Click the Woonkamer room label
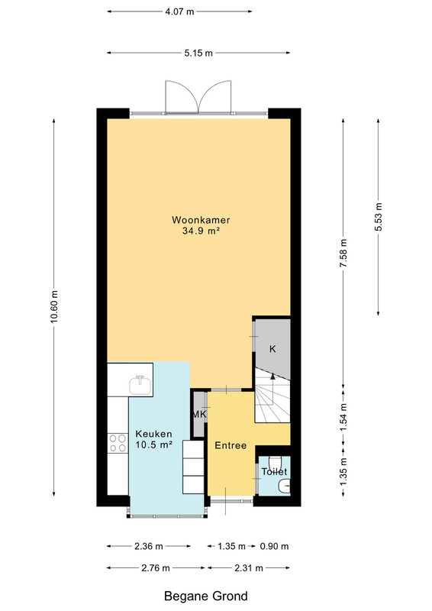tap(201, 220)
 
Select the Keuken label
tap(153, 434)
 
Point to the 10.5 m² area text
tap(153, 445)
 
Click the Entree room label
tap(231, 445)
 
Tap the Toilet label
tap(274, 471)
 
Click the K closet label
tap(272, 349)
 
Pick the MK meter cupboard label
tap(199, 415)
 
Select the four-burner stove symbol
tap(118, 443)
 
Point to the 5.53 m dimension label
tap(379, 217)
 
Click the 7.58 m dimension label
tap(343, 254)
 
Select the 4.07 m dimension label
tap(179, 11)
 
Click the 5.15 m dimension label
tap(198, 53)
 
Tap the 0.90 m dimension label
tap(274, 546)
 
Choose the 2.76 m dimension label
tap(156, 567)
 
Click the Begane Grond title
tap(205, 596)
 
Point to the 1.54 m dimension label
tap(343, 417)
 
